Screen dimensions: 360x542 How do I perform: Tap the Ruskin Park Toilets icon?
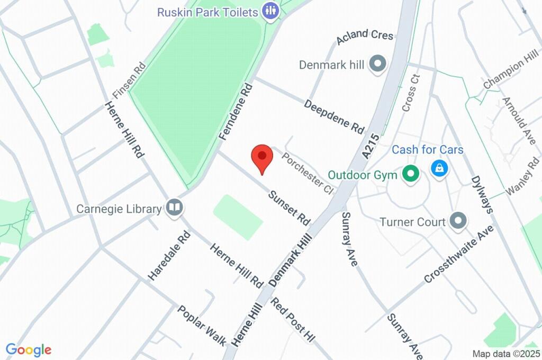pos(270,11)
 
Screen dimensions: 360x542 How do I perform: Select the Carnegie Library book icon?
pos(174,208)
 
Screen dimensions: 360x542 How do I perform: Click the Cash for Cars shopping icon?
pos(439,169)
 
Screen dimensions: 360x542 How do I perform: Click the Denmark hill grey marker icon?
pos(377,64)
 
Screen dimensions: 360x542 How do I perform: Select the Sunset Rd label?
pos(289,207)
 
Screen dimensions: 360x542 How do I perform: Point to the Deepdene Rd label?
pos(335,116)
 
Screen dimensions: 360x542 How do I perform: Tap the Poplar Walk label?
pos(202,325)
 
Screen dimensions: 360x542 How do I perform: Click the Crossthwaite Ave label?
pos(458,254)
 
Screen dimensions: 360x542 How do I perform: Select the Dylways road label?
pos(482,194)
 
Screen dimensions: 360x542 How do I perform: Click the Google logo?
pos(29,349)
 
